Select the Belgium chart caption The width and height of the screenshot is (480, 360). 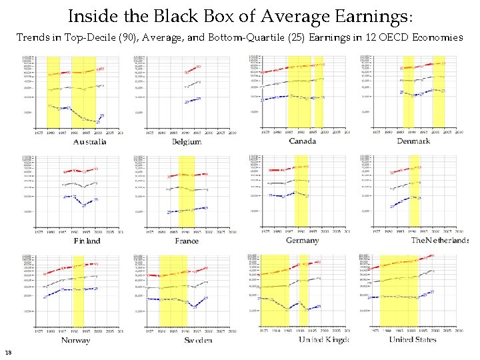[187, 141]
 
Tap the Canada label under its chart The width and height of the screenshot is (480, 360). [302, 141]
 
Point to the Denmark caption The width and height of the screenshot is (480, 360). [413, 141]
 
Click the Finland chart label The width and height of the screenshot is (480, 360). [87, 241]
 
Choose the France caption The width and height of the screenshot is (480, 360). [187, 241]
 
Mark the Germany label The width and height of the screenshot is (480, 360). [302, 240]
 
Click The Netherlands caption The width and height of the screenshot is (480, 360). [439, 240]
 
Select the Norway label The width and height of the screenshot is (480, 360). [75, 340]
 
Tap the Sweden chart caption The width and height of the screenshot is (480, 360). [198, 340]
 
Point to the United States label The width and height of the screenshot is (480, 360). [413, 339]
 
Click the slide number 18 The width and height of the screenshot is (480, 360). [7, 353]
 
